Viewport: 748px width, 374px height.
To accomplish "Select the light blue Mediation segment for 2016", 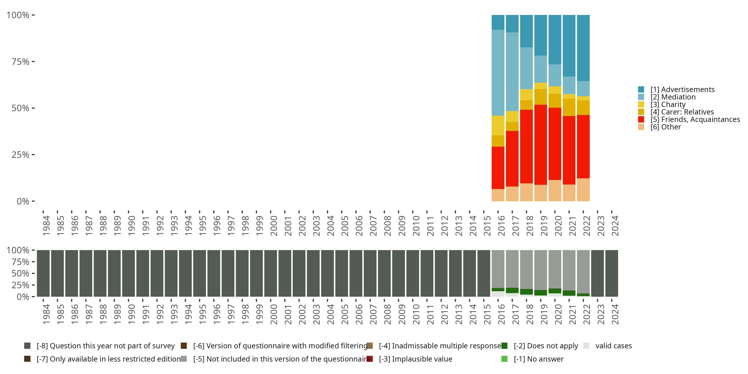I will coord(498,73).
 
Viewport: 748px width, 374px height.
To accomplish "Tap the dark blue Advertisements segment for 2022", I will coord(583,48).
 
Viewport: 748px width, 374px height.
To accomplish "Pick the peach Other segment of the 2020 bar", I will coord(555,190).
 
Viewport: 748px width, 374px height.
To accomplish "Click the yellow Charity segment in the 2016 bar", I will coord(498,125).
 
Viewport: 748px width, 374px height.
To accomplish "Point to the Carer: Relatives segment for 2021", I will coord(569,107).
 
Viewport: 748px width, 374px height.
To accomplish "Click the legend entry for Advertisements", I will coord(682,90).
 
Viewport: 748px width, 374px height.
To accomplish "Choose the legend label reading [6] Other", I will coord(665,127).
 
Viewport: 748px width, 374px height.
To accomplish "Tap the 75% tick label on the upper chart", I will coord(20,62).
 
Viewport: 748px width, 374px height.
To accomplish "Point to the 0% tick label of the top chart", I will coord(23,201).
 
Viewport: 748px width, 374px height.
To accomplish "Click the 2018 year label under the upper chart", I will coord(529,226).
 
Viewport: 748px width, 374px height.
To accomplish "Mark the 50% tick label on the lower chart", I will coord(20,274).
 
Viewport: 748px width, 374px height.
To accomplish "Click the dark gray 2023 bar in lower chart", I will coord(597,273).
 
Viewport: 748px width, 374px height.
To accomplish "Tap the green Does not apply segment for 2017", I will coord(512,290).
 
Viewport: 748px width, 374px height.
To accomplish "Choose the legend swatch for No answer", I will coord(504,359).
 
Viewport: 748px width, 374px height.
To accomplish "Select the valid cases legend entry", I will coord(613,346).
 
